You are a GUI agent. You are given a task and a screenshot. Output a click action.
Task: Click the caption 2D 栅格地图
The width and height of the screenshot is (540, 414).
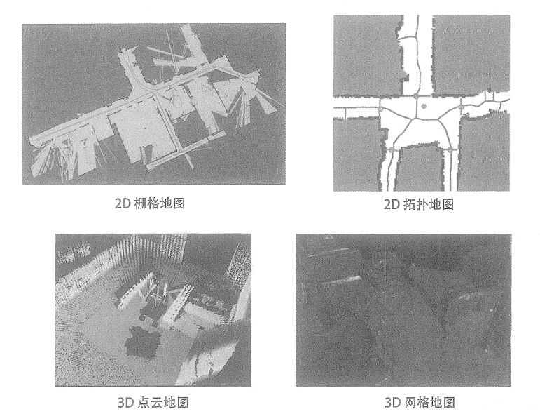(150, 203)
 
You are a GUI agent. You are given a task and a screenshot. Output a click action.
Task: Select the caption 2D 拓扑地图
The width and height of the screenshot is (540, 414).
(419, 205)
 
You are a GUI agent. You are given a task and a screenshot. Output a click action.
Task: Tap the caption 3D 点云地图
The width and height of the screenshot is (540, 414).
(153, 402)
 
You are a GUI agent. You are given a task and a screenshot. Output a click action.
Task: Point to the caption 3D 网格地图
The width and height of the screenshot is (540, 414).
(420, 402)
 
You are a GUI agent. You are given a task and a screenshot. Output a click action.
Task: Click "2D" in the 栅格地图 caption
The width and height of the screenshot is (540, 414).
(123, 203)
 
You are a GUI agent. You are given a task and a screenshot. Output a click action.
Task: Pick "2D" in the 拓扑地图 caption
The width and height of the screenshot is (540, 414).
(392, 205)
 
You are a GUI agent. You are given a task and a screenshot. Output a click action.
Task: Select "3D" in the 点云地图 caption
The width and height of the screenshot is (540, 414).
(125, 403)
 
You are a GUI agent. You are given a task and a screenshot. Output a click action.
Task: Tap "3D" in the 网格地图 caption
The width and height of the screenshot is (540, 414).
(392, 403)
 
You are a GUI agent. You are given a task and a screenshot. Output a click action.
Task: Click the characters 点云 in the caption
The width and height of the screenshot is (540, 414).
(149, 402)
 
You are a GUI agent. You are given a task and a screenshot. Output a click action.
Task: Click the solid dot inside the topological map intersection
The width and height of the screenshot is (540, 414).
(424, 107)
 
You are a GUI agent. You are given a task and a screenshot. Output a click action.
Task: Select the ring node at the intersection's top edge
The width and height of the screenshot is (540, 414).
(416, 96)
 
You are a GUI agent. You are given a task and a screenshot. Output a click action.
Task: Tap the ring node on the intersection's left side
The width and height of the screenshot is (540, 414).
(380, 109)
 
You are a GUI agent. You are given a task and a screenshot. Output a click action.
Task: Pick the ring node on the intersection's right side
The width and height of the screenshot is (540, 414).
(462, 107)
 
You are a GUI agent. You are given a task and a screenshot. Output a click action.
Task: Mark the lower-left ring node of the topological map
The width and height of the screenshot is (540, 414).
(392, 149)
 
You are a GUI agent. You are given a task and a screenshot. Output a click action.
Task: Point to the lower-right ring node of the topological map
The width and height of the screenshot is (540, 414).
(450, 149)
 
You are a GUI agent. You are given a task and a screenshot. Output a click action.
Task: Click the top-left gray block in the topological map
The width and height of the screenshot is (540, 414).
(368, 55)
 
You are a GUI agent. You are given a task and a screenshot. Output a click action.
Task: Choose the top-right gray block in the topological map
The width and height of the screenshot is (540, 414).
(471, 55)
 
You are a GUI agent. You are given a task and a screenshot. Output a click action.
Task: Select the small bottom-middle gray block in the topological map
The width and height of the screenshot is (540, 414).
(419, 168)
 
